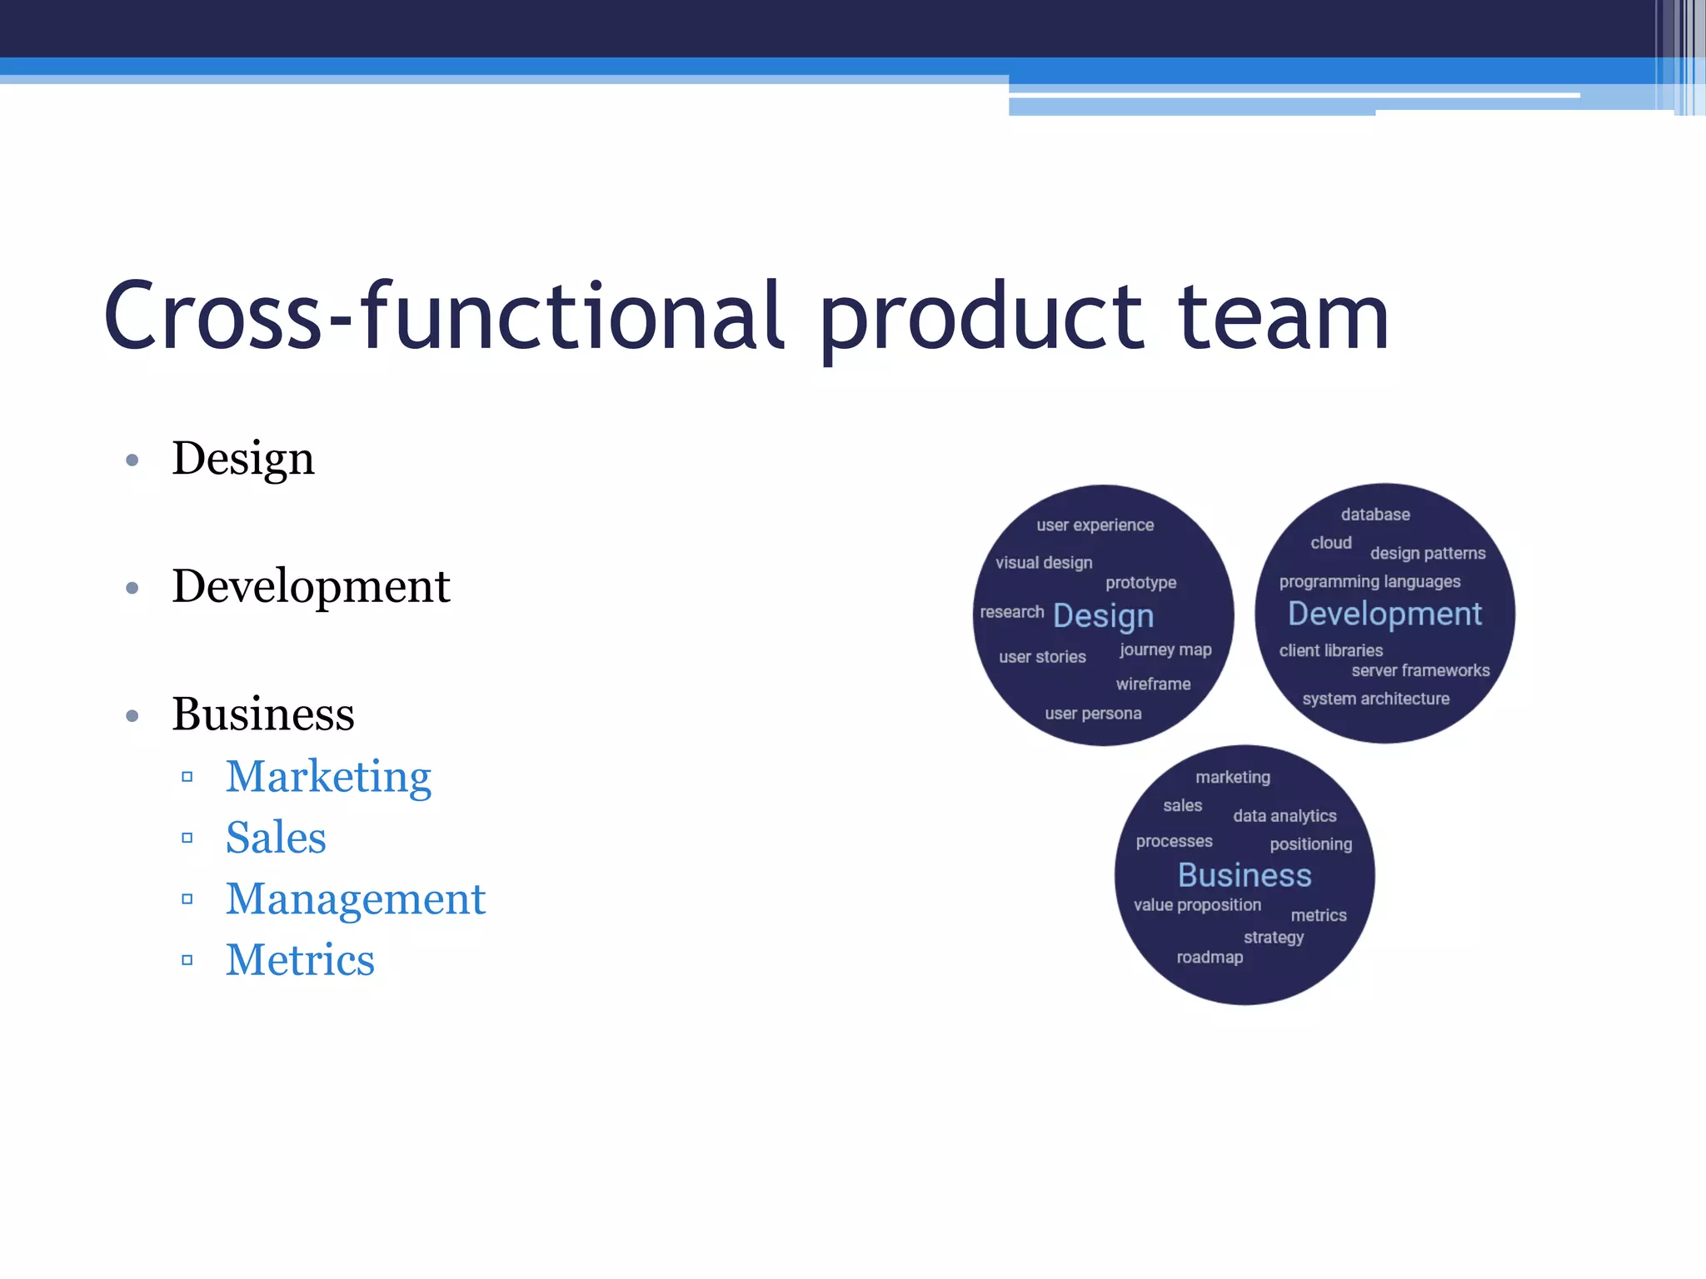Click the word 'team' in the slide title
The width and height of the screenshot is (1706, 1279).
pos(1283,317)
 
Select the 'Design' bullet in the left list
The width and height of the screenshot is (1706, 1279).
pos(243,459)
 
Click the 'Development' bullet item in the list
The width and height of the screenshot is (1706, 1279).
pos(311,586)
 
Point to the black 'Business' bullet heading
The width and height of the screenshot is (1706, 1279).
pos(263,714)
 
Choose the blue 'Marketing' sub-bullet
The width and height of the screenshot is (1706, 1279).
pos(328,777)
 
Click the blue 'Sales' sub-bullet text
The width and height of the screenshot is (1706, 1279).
pos(276,838)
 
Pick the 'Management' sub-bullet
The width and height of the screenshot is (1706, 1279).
pos(356,899)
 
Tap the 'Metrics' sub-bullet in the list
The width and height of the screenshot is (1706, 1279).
pos(300,960)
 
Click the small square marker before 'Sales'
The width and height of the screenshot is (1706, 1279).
pos(187,838)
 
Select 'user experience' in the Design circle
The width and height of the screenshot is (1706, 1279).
pos(1095,525)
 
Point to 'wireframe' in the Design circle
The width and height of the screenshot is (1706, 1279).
pos(1153,684)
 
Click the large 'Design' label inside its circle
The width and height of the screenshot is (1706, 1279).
pos(1103,616)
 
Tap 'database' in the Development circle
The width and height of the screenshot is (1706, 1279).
pos(1375,515)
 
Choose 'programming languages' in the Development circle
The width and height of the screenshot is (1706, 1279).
pos(1369,581)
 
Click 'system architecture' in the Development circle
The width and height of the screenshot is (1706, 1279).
pos(1375,699)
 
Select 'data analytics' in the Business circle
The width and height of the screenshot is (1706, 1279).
pos(1284,816)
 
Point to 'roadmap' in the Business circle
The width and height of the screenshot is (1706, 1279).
pos(1210,958)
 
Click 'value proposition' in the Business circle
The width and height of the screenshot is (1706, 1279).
pos(1197,905)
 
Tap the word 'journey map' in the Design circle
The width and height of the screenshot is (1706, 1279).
pos(1165,650)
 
